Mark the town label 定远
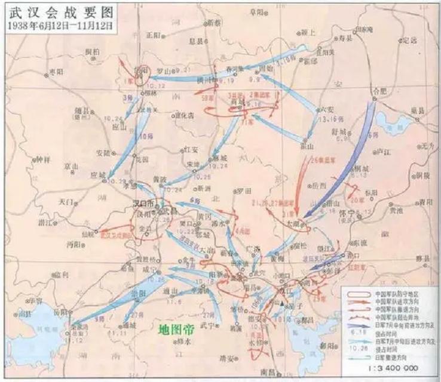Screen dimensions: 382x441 409,40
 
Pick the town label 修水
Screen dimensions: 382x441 183,342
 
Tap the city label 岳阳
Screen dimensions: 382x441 55,312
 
